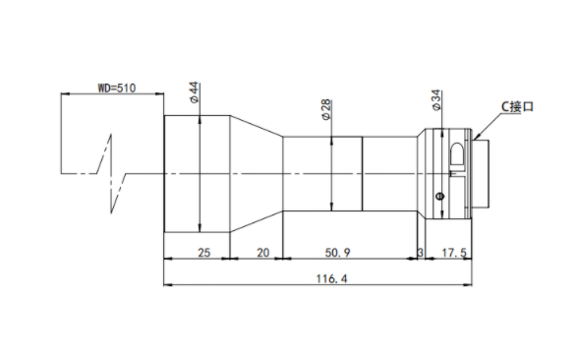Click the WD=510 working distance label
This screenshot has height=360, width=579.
(117, 88)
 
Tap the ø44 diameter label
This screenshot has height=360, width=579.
(195, 92)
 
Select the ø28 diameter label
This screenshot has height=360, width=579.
(326, 109)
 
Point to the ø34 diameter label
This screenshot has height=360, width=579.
(436, 99)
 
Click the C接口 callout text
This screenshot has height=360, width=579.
(517, 107)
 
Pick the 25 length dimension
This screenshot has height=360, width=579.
(203, 253)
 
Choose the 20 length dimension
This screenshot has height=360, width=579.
(262, 253)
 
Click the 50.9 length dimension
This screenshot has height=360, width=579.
(337, 253)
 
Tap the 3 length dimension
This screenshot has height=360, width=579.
(420, 253)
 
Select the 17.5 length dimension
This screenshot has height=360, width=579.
(454, 253)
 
